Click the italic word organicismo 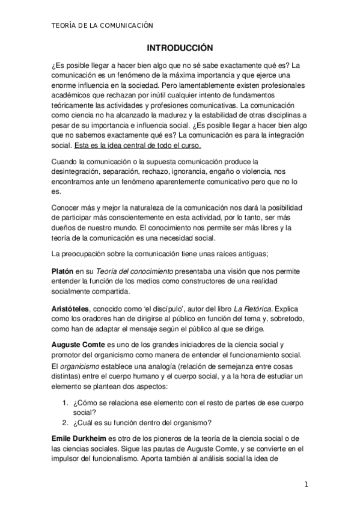[x=81, y=366]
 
